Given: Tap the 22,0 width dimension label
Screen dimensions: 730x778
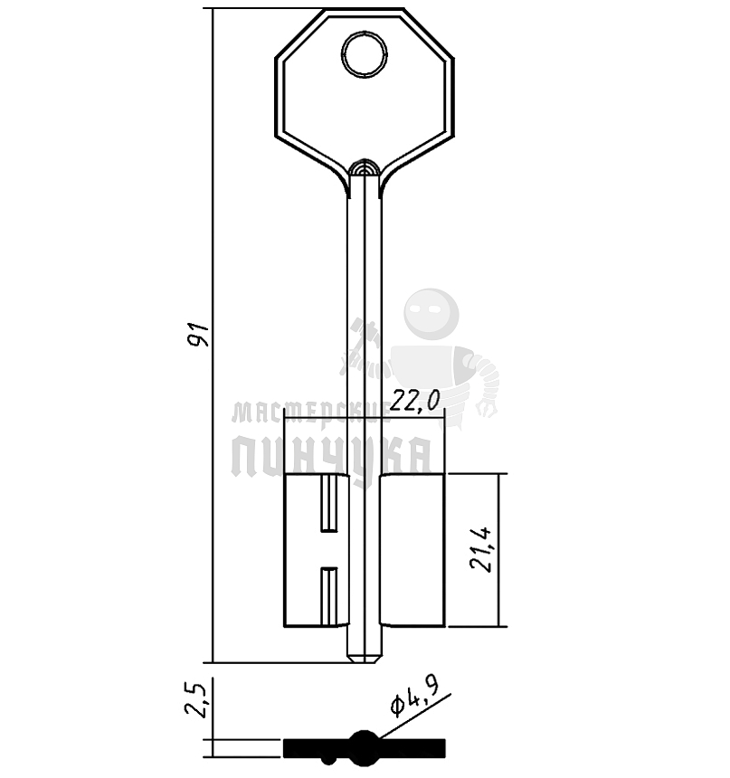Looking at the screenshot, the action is [x=415, y=401].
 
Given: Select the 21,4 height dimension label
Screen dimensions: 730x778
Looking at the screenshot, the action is [x=481, y=549].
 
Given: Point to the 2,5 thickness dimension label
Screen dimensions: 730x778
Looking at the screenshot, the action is [x=195, y=699].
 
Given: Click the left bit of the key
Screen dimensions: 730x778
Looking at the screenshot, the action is [x=316, y=550].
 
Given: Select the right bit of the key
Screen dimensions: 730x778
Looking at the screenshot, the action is [x=412, y=550].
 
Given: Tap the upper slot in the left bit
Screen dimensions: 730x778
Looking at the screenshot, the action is [x=328, y=504].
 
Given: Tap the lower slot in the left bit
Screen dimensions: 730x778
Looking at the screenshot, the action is [x=328, y=596].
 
